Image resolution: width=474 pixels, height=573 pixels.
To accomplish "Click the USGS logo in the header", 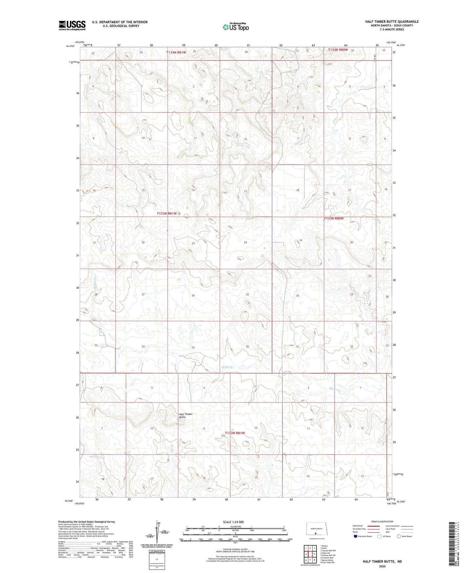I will point(72,25).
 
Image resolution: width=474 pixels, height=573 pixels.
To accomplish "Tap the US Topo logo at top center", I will point(235,27).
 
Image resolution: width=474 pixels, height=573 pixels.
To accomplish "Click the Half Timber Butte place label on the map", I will point(186,415).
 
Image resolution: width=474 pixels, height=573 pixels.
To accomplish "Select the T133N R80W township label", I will point(334,218).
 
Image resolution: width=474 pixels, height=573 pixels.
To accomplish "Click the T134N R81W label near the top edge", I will point(176,52).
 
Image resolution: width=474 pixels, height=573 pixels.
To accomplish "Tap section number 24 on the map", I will point(245,242).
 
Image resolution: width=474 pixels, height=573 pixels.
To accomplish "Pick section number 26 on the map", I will point(193,295).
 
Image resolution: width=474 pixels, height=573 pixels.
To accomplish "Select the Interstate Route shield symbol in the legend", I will point(356,536).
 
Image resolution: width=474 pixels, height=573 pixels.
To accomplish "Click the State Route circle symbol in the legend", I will point(399,536).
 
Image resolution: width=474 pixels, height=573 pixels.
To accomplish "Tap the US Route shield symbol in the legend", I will point(380,536).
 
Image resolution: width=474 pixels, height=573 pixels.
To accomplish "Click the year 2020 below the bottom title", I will point(382,566).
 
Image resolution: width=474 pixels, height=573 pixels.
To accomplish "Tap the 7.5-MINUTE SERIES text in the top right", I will point(392,30).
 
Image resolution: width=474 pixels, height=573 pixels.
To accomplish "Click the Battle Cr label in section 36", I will point(227,367).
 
